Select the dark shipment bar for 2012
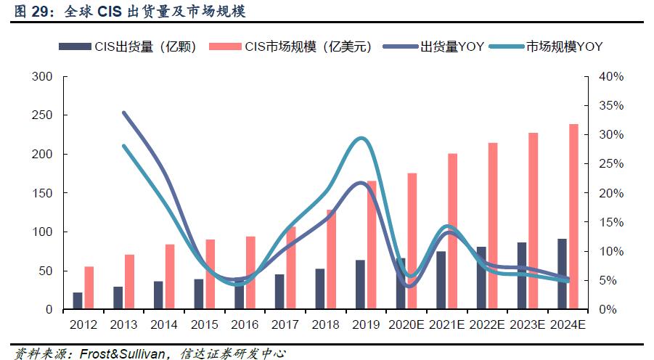point(78,300)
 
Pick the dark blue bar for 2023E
point(522,276)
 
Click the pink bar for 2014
point(170,277)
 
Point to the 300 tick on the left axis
point(43,77)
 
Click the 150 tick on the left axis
point(43,193)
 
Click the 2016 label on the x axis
point(245,324)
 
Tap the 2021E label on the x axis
point(446,324)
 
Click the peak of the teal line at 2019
point(361,138)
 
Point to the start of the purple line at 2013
point(124,112)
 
